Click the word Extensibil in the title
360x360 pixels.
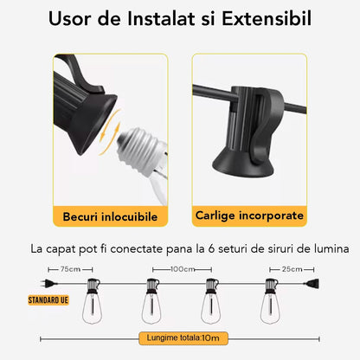267,18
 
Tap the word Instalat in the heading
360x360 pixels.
161,18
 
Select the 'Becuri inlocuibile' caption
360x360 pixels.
110,216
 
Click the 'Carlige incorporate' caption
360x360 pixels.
249,215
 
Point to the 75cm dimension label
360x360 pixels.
70,269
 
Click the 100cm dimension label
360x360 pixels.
183,269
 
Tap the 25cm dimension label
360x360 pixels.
292,269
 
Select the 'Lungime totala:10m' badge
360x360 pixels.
183,338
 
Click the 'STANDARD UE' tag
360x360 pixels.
48,300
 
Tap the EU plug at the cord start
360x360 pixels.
48,284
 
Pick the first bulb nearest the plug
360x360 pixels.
93,301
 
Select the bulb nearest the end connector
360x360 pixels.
271,301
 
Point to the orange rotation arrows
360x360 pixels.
110,132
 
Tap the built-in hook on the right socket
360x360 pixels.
267,127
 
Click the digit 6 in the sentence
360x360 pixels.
211,248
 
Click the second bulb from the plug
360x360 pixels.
151,301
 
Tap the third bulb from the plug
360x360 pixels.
211,301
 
